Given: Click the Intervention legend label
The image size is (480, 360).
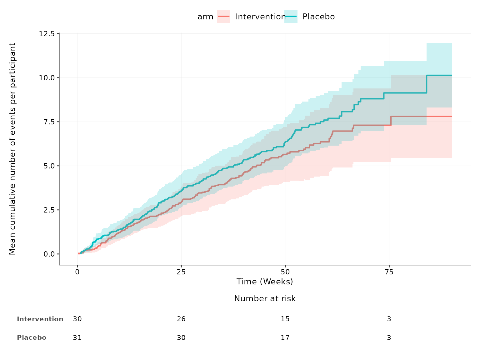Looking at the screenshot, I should tap(261, 17).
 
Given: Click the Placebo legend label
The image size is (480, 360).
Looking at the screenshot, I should tap(318, 17).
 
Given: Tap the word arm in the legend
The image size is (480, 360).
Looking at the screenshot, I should tap(205, 17).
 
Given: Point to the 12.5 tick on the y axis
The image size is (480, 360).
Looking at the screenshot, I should tap(47, 33).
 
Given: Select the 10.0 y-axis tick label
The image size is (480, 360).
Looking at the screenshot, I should tap(47, 77).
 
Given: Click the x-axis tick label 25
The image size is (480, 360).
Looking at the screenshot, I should tap(181, 272).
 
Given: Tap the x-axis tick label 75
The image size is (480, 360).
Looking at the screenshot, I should tap(389, 272).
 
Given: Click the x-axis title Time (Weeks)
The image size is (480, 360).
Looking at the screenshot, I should tap(265, 282).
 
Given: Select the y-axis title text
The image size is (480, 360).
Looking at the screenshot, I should tap(12, 149).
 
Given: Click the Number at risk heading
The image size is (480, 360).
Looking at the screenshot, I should tap(265, 299).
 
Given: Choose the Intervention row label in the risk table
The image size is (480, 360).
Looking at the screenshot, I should tap(40, 319).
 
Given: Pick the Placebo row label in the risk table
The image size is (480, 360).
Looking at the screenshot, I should tap(32, 337).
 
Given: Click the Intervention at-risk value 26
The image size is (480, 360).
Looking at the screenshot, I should tap(181, 319).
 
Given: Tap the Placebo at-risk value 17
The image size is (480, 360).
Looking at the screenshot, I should tap(285, 337).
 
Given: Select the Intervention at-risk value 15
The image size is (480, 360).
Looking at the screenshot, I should tap(285, 319).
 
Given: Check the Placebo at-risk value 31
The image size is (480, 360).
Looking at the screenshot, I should tap(77, 337).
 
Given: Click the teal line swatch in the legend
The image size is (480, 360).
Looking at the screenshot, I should tap(291, 16).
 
